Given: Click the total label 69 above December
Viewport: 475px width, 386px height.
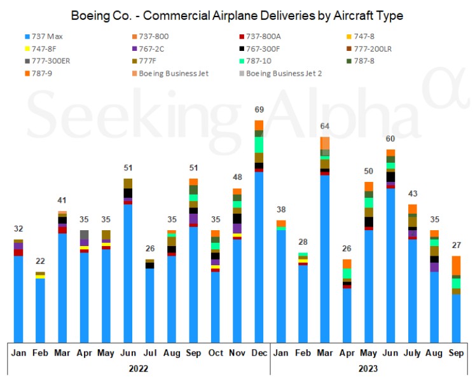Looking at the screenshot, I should pyautogui.click(x=258, y=111).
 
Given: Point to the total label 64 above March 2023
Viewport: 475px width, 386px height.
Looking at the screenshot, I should pyautogui.click(x=324, y=127).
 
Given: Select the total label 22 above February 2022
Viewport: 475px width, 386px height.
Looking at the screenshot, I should pyautogui.click(x=39, y=261).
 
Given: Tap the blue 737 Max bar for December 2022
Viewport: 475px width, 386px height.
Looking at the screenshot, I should pyautogui.click(x=258, y=254).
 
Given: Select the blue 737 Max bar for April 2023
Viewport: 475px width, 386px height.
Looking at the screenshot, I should pyautogui.click(x=347, y=315).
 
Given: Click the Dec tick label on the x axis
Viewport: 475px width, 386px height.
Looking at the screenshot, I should pyautogui.click(x=258, y=352).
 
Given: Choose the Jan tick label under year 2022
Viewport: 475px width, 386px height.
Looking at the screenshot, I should pyautogui.click(x=18, y=352).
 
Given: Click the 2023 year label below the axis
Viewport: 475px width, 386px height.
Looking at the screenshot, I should pyautogui.click(x=368, y=368).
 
